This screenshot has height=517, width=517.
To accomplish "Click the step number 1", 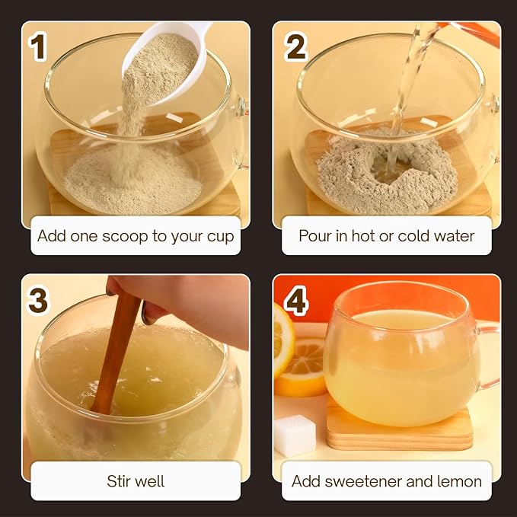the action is [37, 47].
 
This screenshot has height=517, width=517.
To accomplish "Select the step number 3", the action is [37, 300].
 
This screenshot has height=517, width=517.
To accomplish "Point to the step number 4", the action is [296, 300].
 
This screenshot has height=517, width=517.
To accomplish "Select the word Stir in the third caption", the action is [118, 481].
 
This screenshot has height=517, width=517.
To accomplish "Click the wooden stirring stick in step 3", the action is [116, 353].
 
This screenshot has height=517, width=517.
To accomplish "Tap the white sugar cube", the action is [295, 436].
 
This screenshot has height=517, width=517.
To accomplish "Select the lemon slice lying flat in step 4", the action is [302, 366].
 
